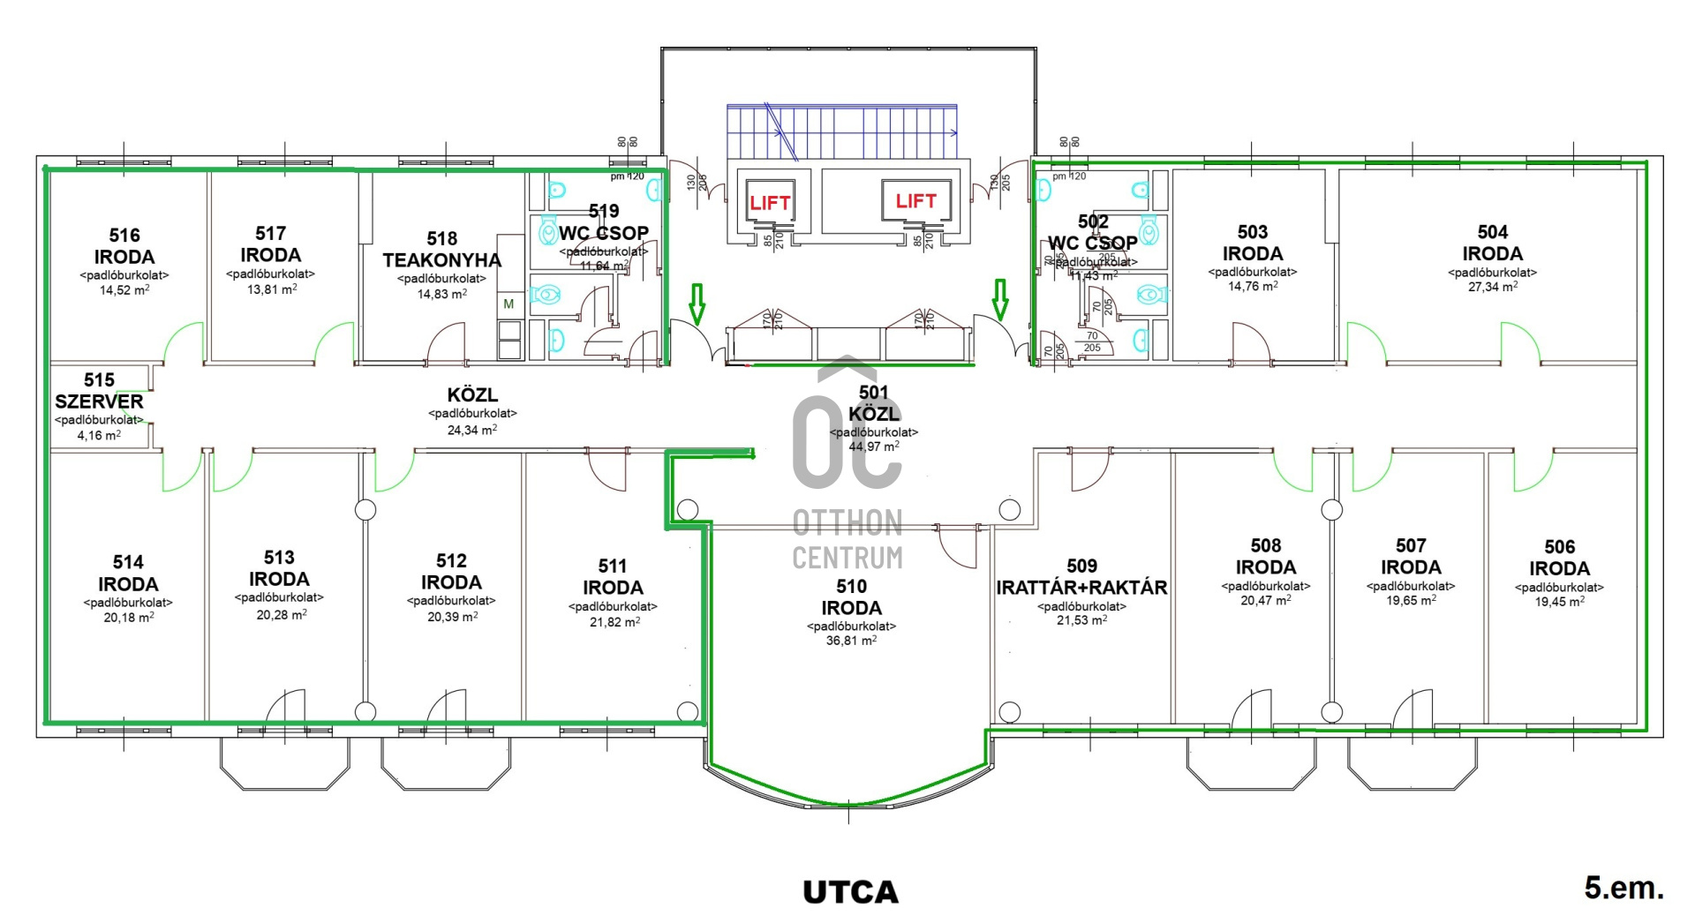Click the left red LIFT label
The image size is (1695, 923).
(770, 203)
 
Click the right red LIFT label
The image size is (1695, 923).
(915, 201)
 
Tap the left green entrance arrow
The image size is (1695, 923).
(697, 303)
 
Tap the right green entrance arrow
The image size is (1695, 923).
(999, 299)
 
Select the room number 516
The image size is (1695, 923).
(124, 236)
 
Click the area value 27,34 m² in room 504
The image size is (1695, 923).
(1492, 287)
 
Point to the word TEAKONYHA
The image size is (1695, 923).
(441, 260)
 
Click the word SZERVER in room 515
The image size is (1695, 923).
(99, 401)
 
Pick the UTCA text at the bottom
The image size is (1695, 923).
(850, 892)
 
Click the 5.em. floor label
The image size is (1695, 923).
(1623, 888)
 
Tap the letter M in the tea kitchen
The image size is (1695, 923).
(508, 304)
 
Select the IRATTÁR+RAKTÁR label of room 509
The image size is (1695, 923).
(1081, 588)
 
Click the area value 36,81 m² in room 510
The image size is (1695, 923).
(851, 641)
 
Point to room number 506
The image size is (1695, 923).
(1559, 547)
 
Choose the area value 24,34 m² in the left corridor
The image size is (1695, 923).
(471, 430)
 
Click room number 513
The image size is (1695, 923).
(279, 558)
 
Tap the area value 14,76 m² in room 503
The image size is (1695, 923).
(1252, 286)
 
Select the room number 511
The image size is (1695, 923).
(612, 567)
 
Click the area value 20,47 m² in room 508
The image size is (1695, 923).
(1265, 600)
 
